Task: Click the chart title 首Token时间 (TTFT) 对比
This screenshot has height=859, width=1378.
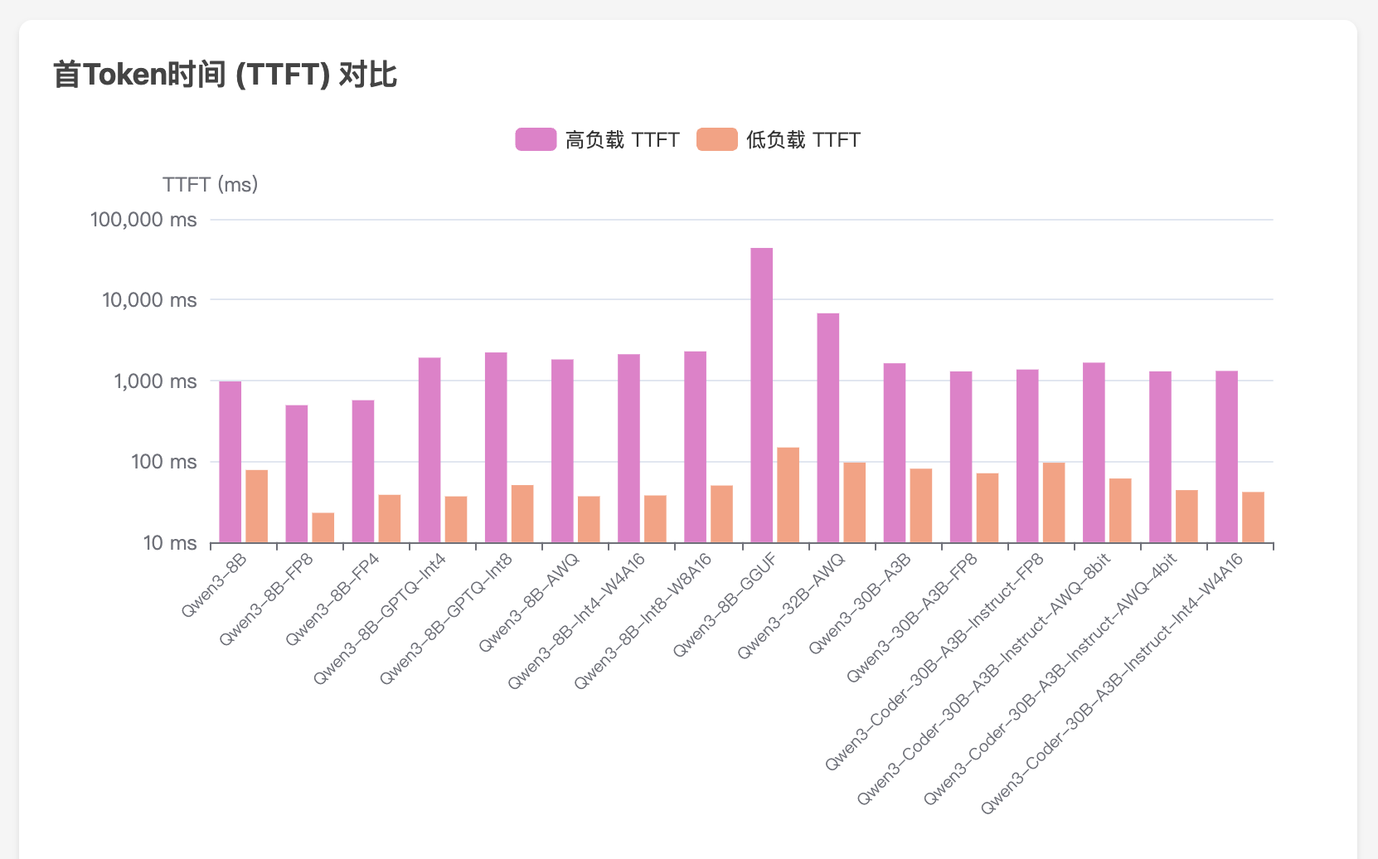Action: [x=225, y=75]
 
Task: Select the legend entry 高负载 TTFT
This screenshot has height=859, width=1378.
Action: [x=598, y=139]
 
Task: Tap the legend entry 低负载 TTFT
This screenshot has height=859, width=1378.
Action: [x=779, y=139]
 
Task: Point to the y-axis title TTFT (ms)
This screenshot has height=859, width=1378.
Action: [x=211, y=184]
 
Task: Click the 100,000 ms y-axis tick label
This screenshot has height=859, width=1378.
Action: [x=143, y=220]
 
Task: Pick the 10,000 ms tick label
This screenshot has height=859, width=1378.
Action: [x=149, y=299]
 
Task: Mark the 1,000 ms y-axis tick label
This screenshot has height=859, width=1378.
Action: [x=155, y=381]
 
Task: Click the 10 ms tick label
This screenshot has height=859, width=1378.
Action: [x=170, y=542]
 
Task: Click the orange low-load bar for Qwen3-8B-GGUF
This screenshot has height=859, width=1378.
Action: [x=788, y=495]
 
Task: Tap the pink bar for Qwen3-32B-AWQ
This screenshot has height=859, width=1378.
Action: [x=827, y=428]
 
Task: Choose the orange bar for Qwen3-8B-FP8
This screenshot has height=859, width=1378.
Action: [x=323, y=527]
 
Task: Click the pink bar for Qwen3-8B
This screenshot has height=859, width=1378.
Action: [x=230, y=462]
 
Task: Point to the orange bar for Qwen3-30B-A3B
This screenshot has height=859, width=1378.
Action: [x=920, y=506]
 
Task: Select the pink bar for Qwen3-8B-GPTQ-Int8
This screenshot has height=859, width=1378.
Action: [x=496, y=448]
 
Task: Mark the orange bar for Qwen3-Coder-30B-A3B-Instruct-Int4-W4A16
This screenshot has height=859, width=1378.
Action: [x=1253, y=517]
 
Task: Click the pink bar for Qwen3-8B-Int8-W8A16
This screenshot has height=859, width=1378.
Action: [x=695, y=447]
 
